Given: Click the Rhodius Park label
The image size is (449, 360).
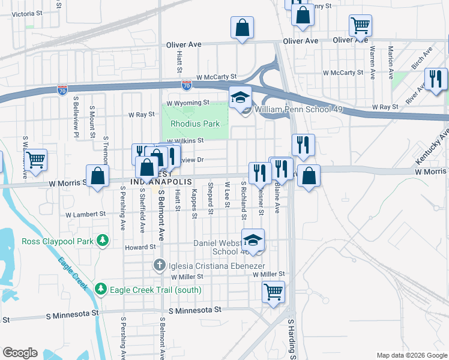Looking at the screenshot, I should pyautogui.click(x=196, y=124).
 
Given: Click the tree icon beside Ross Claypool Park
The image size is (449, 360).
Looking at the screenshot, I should pyautogui.click(x=103, y=241).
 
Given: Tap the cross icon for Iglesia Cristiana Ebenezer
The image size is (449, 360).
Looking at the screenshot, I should pyautogui.click(x=159, y=264).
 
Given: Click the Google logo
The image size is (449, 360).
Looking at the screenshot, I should pyautogui.click(x=20, y=353).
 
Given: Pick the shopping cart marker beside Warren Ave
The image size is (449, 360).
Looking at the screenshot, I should pyautogui.click(x=360, y=26).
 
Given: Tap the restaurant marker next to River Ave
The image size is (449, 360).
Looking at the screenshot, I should pyautogui.click(x=436, y=80).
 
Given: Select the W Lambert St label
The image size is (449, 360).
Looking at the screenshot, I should pyautogui.click(x=85, y=214).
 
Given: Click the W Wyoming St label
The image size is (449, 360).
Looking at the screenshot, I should pyautogui.click(x=188, y=103).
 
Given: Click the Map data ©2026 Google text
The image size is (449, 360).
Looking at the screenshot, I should pyautogui.click(x=411, y=355).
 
